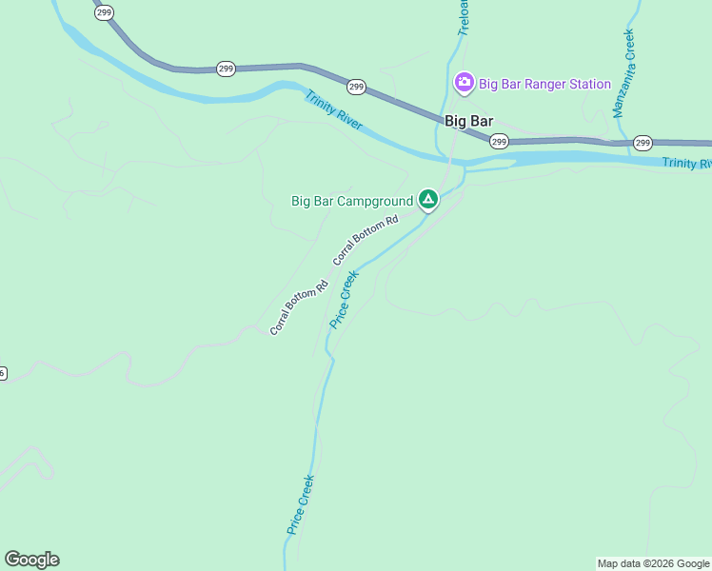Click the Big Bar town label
coord(468,121)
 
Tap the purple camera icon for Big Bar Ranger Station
coord(464,83)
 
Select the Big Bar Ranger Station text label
coord(544,84)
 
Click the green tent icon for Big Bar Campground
coord(428,200)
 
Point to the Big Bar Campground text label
coord(351,201)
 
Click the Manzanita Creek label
coord(623,73)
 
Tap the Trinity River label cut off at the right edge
coord(686,164)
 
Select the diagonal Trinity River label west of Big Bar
coord(333,110)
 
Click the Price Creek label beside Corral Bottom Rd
coord(344,299)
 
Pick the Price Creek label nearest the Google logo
coord(300,504)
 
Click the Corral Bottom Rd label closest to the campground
coord(365,240)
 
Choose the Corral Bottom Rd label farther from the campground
coord(298,307)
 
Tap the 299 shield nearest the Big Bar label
coord(499,141)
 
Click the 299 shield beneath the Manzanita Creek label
coord(643,143)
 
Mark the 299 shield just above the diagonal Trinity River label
coord(356,87)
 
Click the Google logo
coord(31,560)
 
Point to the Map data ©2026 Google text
coord(653,563)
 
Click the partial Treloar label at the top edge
coord(464,17)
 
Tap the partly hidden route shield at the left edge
coord(3,373)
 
